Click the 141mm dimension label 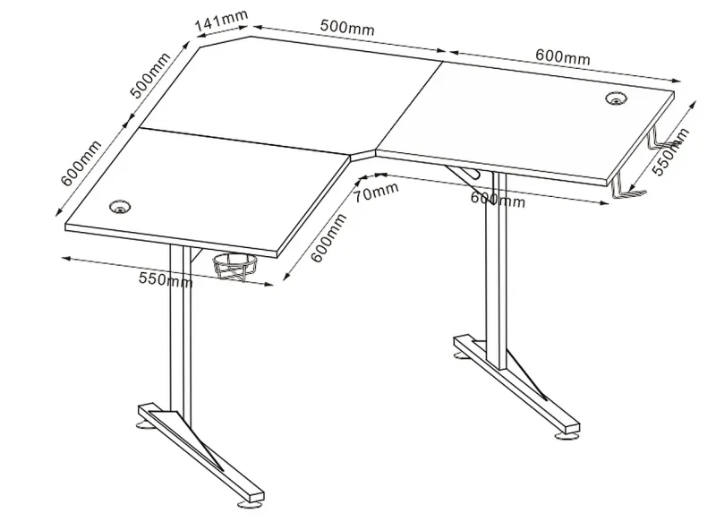click(x=222, y=21)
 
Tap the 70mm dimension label click(x=376, y=192)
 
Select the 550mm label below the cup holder click(x=166, y=279)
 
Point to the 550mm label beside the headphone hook click(x=669, y=151)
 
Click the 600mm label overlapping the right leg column click(x=498, y=200)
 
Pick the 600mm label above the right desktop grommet click(x=563, y=57)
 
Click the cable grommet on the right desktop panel click(x=617, y=98)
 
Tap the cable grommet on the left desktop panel click(x=121, y=207)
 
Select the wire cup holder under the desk click(x=234, y=267)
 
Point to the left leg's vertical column click(x=180, y=329)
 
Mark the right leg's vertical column click(x=497, y=270)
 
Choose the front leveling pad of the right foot click(x=566, y=437)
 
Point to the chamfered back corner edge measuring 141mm click(x=226, y=40)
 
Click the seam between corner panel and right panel click(x=409, y=106)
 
